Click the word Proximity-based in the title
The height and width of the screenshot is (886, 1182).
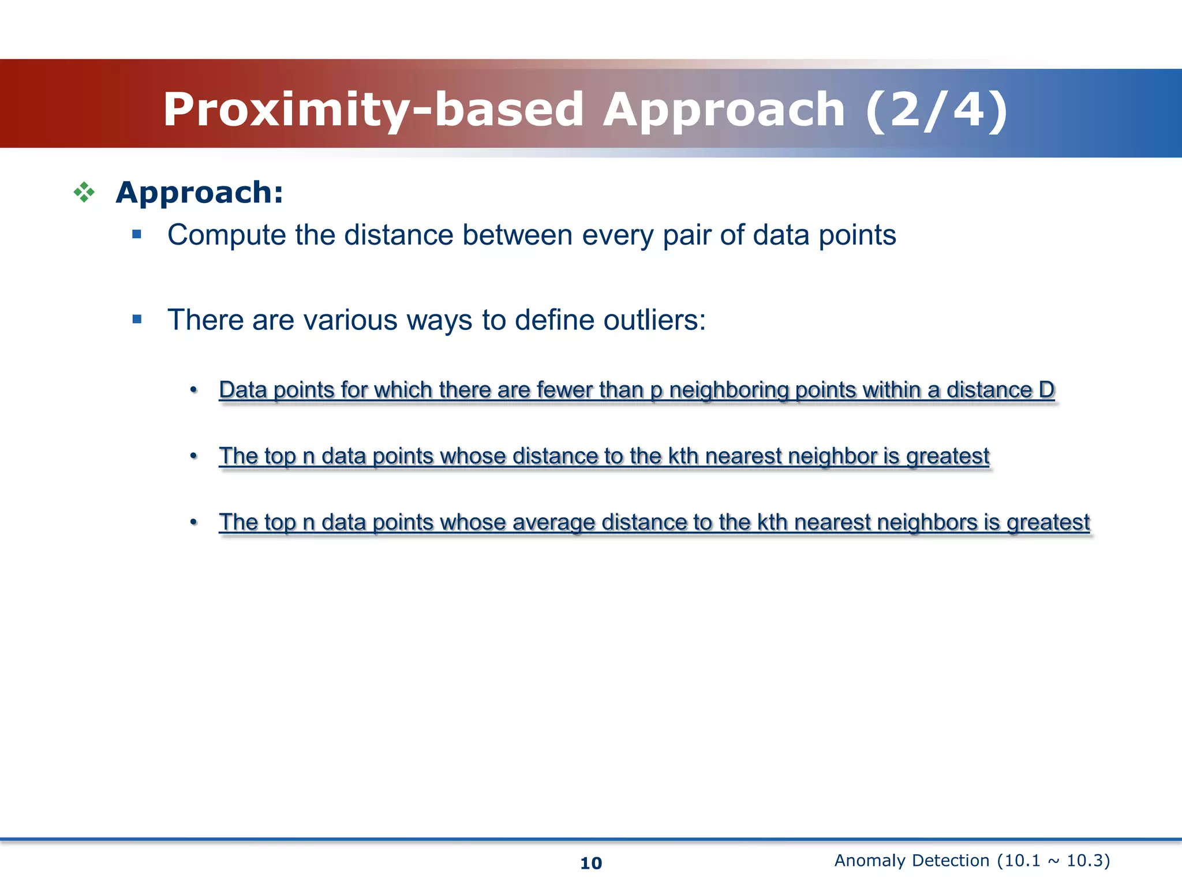tap(373, 110)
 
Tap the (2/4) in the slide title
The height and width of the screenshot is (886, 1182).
tap(936, 110)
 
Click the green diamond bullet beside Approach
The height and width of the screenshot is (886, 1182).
tap(84, 192)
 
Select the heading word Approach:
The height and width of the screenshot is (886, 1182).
tap(199, 192)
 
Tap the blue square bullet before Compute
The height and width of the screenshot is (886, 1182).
tap(137, 234)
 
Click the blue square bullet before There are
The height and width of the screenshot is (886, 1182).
tap(137, 319)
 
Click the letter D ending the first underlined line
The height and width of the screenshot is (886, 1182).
tap(1046, 391)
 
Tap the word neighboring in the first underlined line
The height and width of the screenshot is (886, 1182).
tap(729, 391)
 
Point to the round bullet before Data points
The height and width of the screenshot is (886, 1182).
tap(194, 391)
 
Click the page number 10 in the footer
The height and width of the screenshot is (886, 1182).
tap(590, 863)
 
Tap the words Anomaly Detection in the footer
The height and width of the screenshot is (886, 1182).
tap(911, 861)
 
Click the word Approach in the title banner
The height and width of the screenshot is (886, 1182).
tap(724, 110)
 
